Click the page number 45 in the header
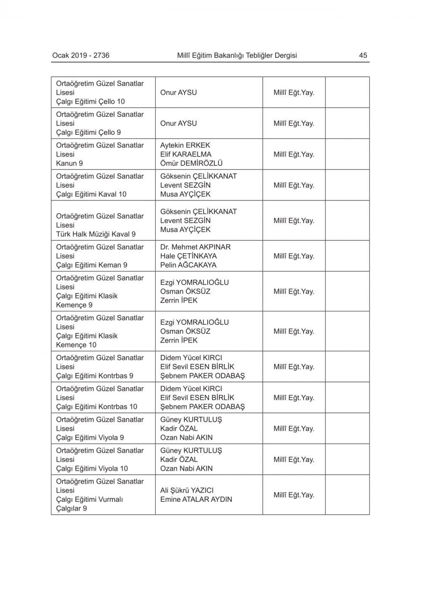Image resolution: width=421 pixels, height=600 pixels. click(x=363, y=55)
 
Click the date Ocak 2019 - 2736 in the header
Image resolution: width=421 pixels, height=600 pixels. click(x=81, y=55)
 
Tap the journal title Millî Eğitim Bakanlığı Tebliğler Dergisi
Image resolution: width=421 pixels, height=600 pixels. click(x=237, y=55)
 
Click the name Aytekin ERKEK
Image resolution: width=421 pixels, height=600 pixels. click(x=185, y=145)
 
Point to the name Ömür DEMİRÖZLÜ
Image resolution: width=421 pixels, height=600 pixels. click(x=192, y=163)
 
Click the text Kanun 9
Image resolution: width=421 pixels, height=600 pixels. click(x=69, y=163)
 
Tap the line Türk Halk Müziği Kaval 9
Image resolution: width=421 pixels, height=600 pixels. click(x=96, y=234)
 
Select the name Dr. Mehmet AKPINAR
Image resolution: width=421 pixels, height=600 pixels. click(x=195, y=247)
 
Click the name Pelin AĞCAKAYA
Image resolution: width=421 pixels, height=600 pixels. click(x=188, y=265)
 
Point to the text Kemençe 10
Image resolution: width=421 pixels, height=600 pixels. click(x=76, y=345)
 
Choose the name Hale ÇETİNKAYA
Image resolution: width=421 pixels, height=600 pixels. click(x=189, y=256)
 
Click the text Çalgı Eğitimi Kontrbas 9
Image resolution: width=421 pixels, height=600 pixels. click(x=95, y=376)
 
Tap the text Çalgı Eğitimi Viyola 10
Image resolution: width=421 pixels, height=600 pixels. click(x=92, y=469)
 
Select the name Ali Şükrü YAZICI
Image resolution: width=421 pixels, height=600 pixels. click(x=187, y=490)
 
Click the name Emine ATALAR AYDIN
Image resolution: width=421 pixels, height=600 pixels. click(x=196, y=500)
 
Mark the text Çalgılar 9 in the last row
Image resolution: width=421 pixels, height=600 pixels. click(x=72, y=509)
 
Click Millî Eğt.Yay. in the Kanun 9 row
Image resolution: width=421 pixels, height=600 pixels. click(x=294, y=155)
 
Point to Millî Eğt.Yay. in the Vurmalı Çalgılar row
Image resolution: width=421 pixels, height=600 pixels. click(x=294, y=495)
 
